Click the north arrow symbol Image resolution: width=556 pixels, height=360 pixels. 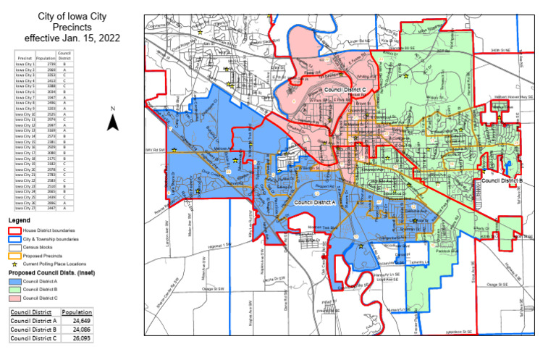click(x=112, y=122)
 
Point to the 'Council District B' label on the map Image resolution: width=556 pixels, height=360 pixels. click(x=502, y=181)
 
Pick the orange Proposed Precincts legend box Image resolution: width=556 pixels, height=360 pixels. click(x=14, y=256)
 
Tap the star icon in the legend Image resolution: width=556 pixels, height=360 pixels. click(x=14, y=264)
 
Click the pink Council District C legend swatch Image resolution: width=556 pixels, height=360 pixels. click(x=14, y=298)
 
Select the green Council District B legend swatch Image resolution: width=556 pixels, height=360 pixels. click(x=14, y=290)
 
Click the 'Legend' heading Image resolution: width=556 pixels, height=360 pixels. click(x=20, y=219)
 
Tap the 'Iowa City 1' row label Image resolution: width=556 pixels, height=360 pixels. click(x=25, y=64)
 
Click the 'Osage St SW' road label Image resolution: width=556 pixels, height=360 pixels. click(x=213, y=287)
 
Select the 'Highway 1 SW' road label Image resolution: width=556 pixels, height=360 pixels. click(x=216, y=246)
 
